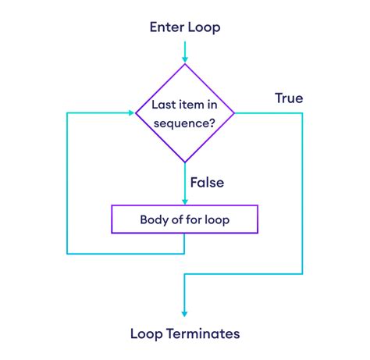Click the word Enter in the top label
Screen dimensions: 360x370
[x=165, y=27]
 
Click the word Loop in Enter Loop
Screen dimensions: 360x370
[x=204, y=27]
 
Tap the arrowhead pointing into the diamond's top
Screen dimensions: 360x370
[x=185, y=59]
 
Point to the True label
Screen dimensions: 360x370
[x=288, y=98]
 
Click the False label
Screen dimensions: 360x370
[x=206, y=182]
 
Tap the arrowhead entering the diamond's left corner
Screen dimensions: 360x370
[x=130, y=113]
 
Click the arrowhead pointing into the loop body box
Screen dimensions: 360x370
[x=185, y=200]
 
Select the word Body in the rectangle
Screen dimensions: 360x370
[x=154, y=219]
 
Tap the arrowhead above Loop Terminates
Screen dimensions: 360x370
[x=185, y=312]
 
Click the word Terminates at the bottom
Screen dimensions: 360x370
[x=204, y=333]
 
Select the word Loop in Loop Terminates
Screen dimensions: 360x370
[x=148, y=333]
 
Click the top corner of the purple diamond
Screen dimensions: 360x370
[x=185, y=65]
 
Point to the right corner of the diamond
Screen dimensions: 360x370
[x=234, y=113]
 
